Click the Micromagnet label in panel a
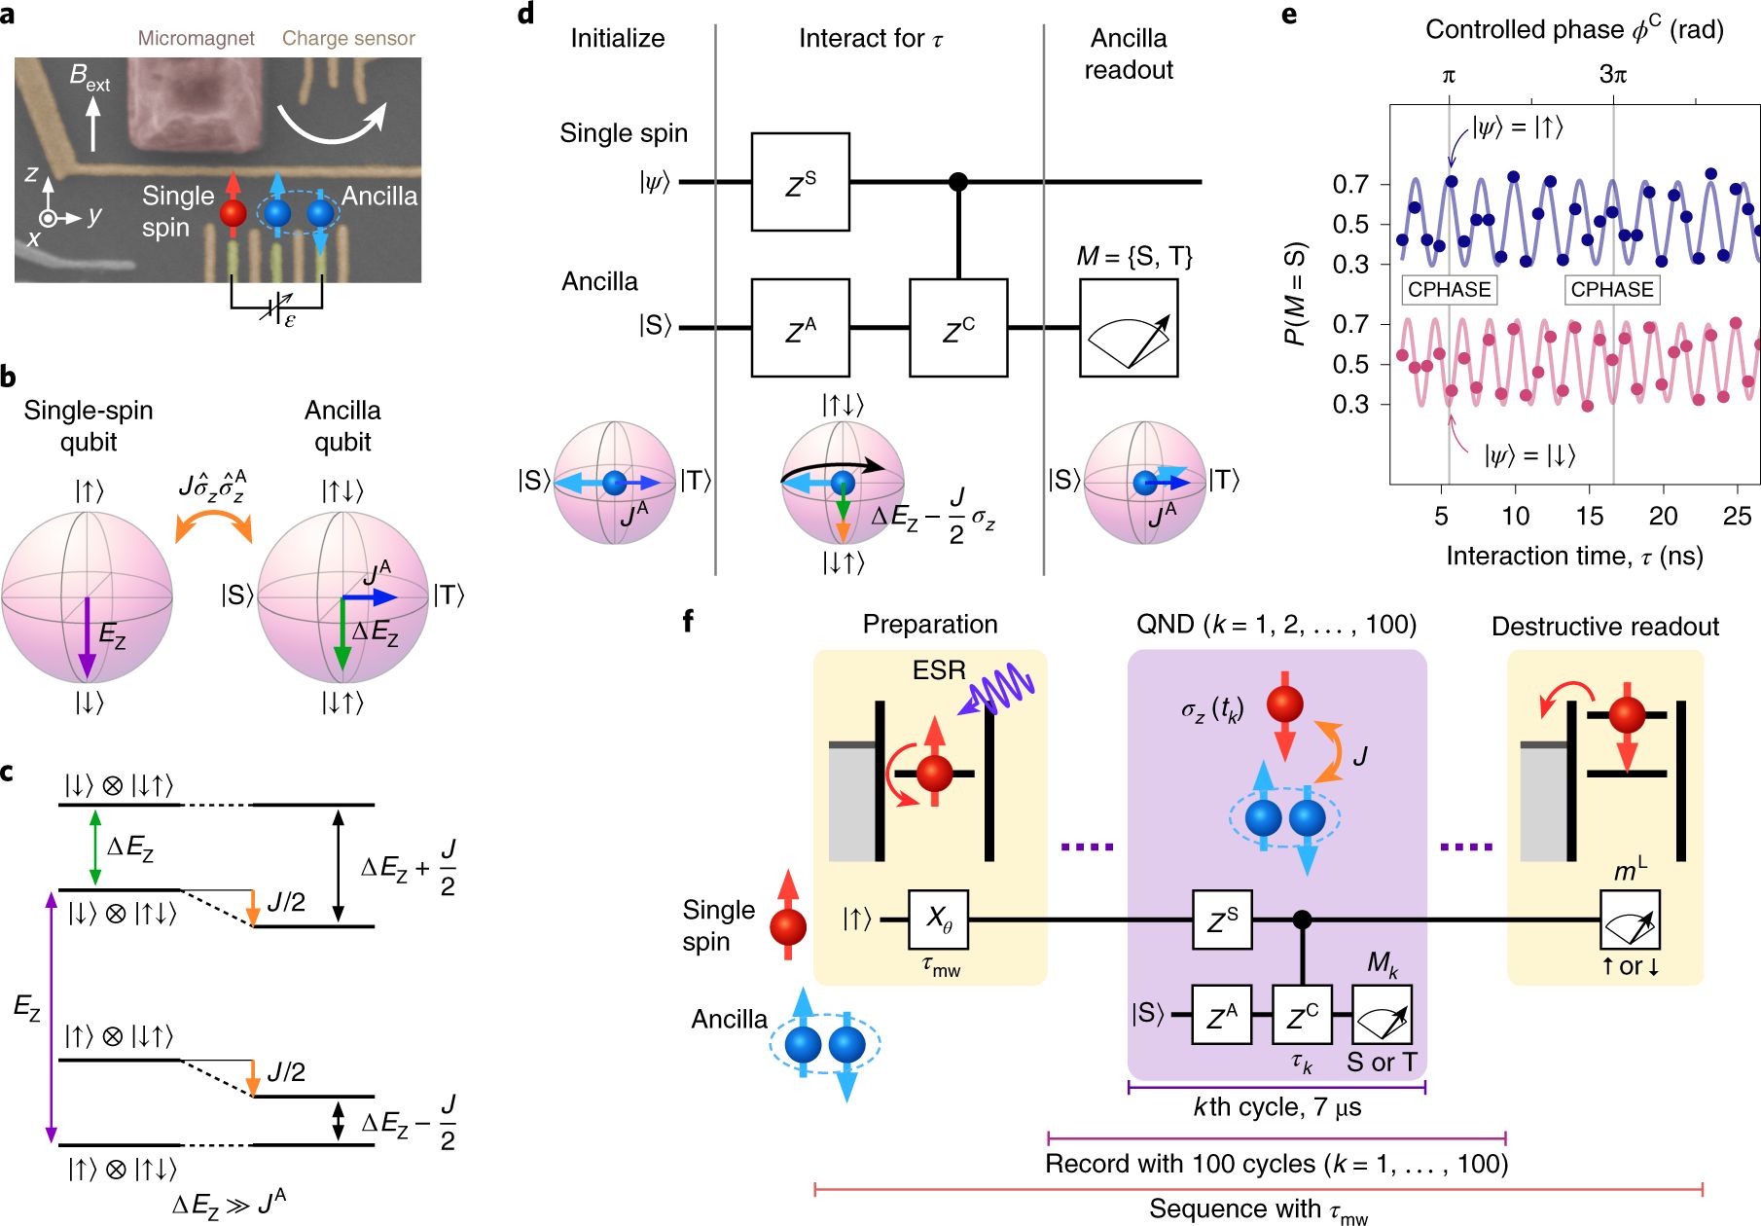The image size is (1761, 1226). point(196,38)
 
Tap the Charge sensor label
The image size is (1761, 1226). point(348,38)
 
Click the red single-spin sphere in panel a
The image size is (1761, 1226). point(234,212)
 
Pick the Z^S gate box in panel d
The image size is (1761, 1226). point(800,182)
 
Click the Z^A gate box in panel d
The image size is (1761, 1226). point(800,328)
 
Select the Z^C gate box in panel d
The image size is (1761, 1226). point(958,328)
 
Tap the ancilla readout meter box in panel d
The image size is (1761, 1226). point(1129,328)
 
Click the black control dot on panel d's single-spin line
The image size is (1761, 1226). point(958,182)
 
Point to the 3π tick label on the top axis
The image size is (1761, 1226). point(1613,75)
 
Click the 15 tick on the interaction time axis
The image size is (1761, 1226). point(1590,516)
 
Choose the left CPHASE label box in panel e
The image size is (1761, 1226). point(1449,289)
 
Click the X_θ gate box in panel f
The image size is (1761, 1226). point(938,919)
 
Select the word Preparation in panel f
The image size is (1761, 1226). point(930,625)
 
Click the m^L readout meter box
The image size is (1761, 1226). point(1630,919)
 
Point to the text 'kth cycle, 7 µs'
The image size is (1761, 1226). point(1277,1107)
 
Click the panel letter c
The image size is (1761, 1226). point(8,772)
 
